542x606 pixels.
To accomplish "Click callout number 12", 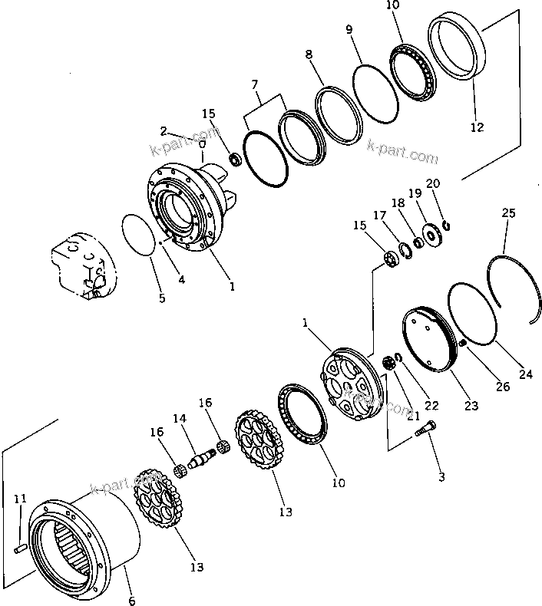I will [477, 127].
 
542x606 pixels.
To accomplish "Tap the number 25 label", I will [509, 212].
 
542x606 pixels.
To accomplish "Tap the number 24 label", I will [525, 375].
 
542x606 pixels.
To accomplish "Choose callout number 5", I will [161, 298].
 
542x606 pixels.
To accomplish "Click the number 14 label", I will [179, 419].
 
